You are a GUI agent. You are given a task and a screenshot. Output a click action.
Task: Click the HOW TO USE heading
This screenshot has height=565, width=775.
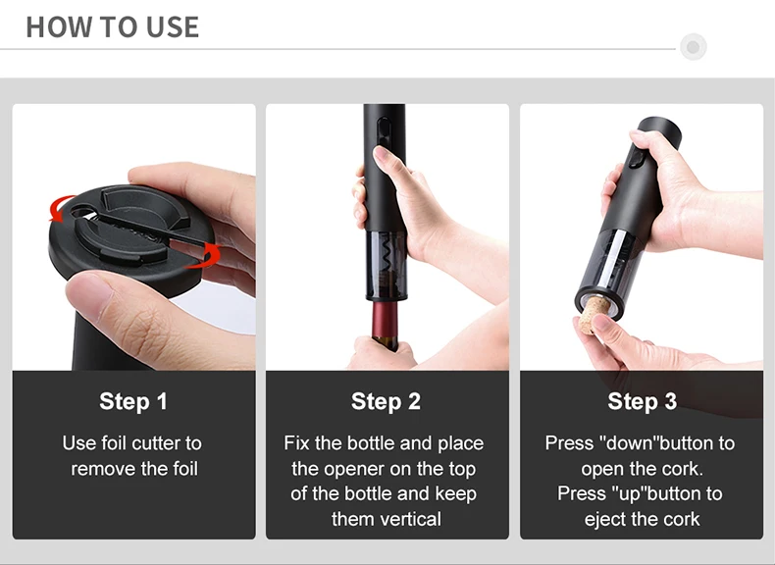tap(112, 27)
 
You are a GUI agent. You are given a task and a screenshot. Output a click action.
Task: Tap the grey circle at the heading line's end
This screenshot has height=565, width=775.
tap(693, 47)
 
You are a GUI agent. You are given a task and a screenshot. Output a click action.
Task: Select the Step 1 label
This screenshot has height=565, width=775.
tap(133, 401)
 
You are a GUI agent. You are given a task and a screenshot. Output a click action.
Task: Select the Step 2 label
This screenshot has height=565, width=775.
tap(386, 401)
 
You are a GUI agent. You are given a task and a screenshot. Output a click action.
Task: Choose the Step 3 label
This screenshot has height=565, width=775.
tap(642, 401)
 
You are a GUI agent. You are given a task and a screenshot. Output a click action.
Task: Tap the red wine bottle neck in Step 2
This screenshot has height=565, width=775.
tap(386, 324)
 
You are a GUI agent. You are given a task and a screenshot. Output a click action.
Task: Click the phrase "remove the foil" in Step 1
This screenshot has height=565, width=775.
tap(133, 469)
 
